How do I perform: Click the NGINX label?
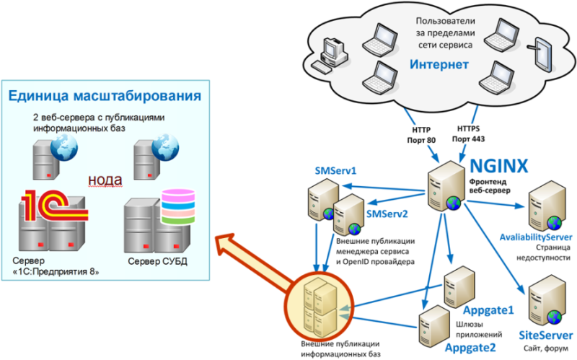(499, 164)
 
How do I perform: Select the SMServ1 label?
(337, 171)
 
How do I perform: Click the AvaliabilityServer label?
(536, 237)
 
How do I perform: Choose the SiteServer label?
(545, 335)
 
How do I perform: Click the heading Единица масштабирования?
(104, 96)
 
